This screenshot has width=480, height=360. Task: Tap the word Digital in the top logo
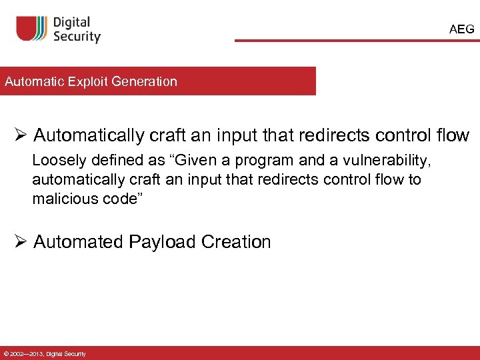(x=71, y=23)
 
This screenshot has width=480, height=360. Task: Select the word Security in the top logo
(x=77, y=37)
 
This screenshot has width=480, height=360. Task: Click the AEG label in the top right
(x=462, y=29)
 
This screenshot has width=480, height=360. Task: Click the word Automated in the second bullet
(x=78, y=241)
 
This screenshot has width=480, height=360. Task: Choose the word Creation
(x=235, y=241)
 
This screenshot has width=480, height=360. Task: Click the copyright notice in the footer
(x=45, y=353)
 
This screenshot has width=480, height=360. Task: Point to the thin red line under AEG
(x=357, y=41)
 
